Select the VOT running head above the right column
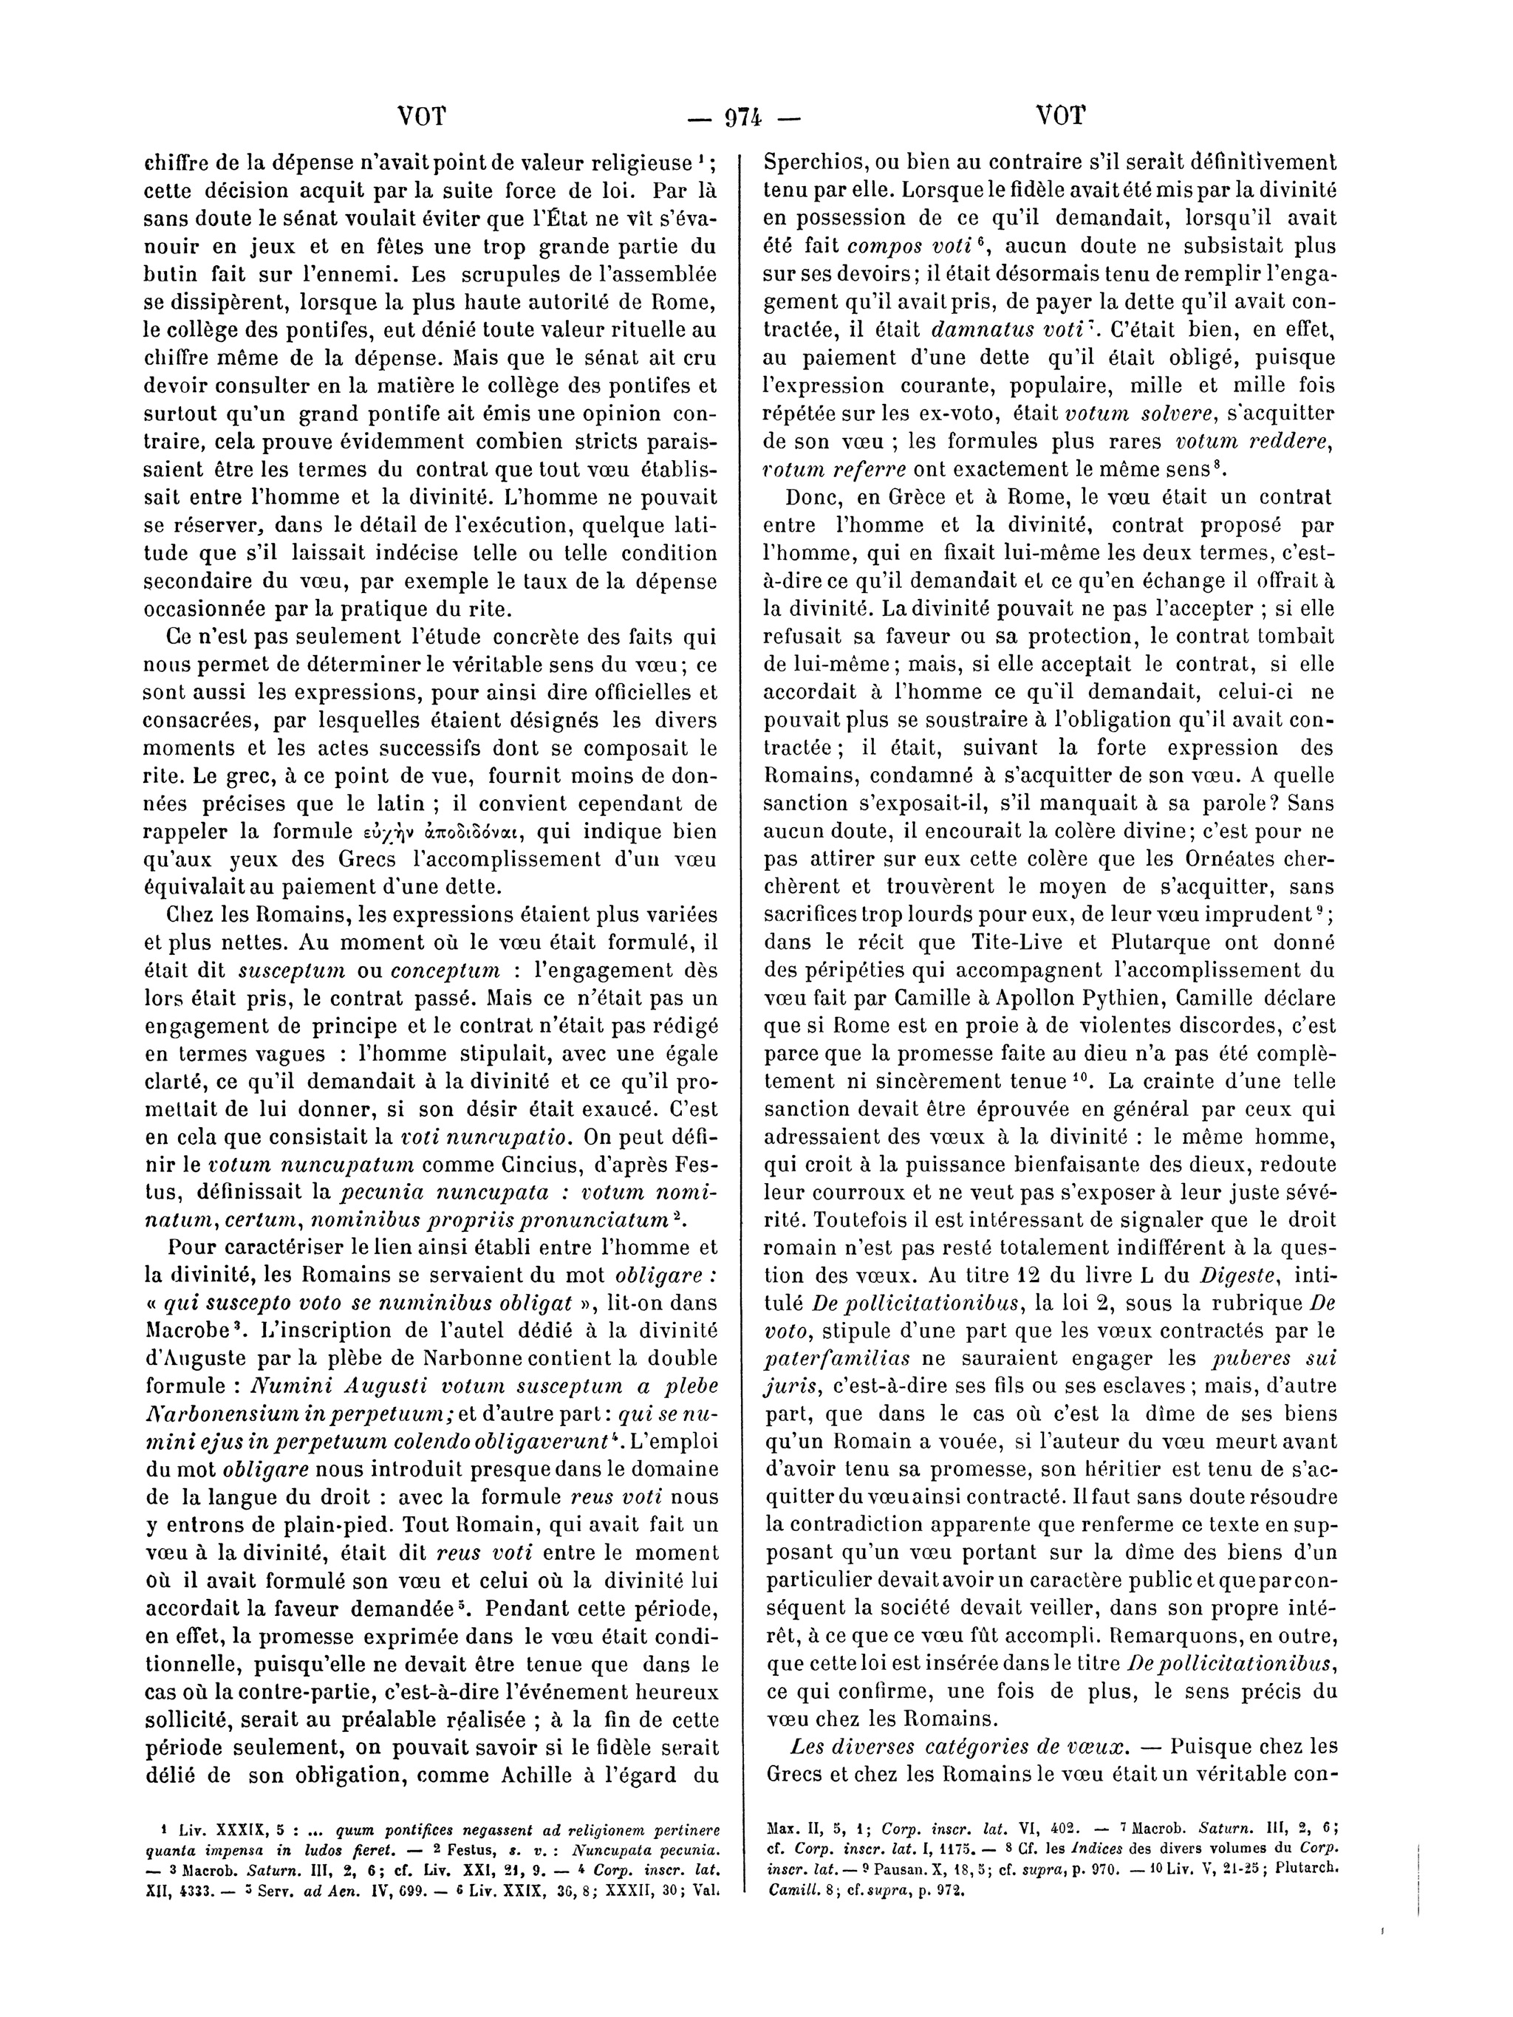coord(1061,116)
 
